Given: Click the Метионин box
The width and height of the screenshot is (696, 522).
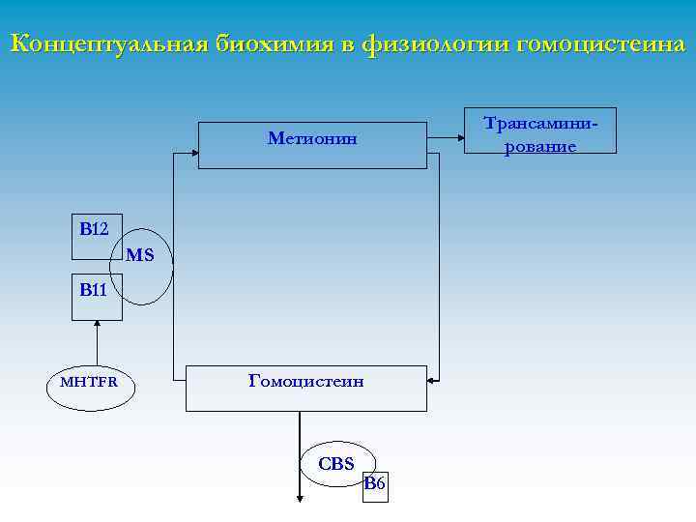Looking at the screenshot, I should (312, 145).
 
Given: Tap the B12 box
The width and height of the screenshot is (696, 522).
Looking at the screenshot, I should (97, 237).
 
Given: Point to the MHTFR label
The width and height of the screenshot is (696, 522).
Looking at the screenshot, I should (89, 381).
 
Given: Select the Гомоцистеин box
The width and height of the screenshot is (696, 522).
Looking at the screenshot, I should (305, 388).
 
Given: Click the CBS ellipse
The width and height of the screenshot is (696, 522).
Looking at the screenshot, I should (336, 463).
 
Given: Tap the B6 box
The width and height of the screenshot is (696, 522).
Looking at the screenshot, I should (375, 483).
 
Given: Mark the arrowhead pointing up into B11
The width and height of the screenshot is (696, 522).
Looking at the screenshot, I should (98, 326).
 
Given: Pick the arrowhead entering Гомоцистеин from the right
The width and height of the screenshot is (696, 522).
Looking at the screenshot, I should (432, 382).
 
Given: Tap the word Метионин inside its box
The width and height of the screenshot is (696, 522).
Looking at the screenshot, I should (312, 138).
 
